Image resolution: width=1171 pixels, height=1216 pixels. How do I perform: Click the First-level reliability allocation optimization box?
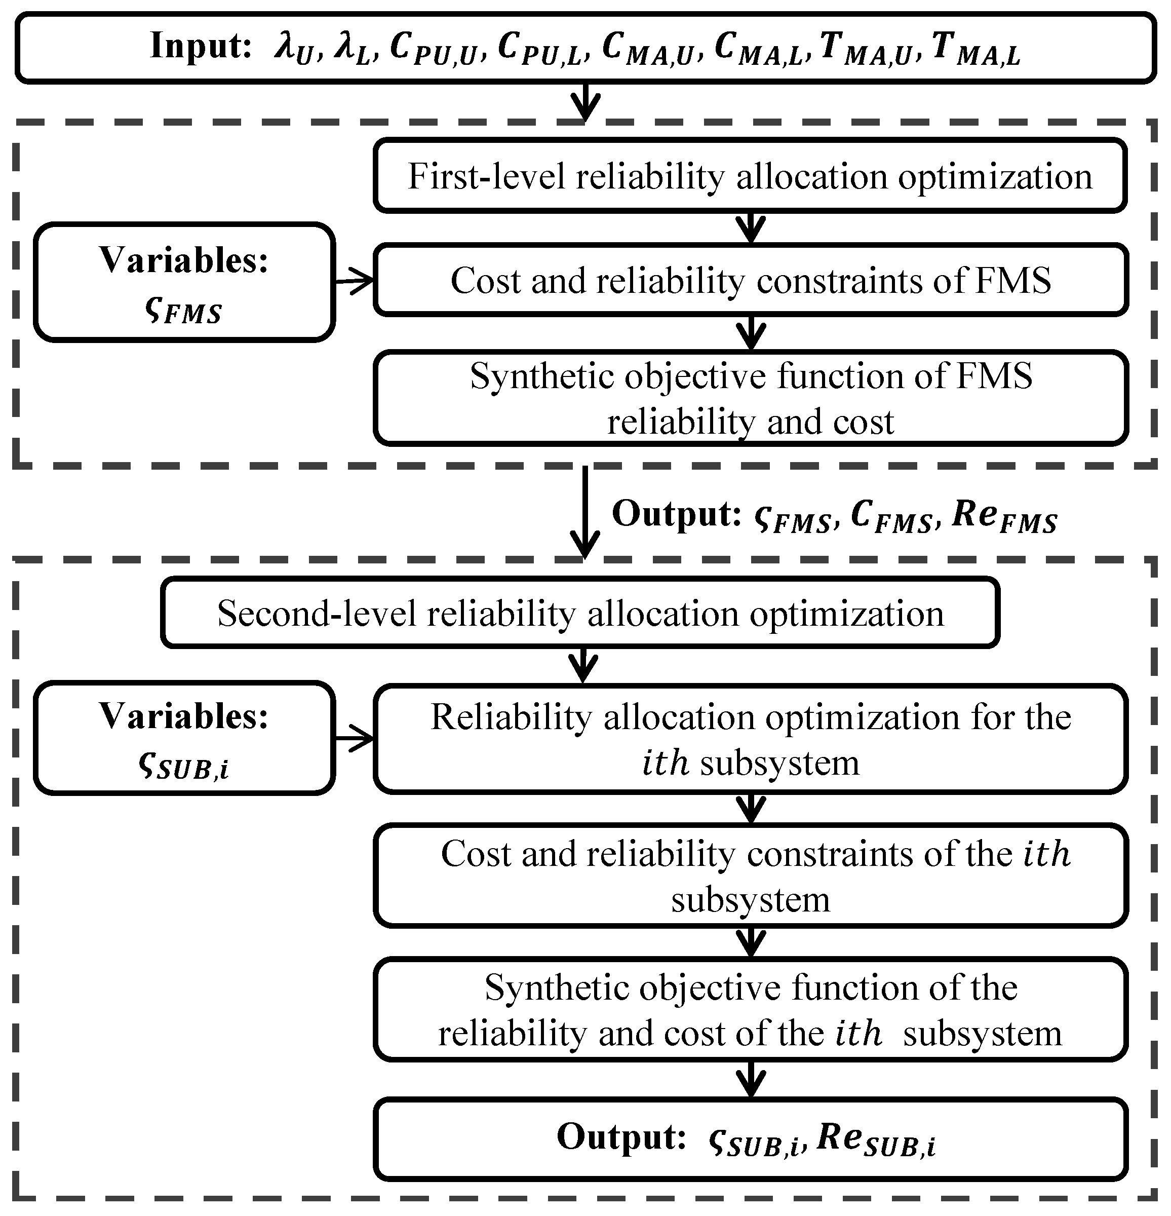coord(750,176)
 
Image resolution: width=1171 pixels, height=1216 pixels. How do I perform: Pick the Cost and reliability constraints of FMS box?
coord(750,280)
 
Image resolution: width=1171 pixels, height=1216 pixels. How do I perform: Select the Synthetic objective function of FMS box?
coord(750,398)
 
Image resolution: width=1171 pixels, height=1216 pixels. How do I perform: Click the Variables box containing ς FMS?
coord(184,282)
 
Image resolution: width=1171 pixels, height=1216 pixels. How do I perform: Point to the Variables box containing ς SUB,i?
coord(184,738)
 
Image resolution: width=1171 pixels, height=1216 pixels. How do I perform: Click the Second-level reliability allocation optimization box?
coord(580,613)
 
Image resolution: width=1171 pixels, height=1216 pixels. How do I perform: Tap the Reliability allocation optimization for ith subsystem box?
coord(750,738)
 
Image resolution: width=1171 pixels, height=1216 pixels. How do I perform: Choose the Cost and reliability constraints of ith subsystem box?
coord(750,876)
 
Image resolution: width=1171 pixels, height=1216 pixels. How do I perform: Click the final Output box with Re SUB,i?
coord(750,1139)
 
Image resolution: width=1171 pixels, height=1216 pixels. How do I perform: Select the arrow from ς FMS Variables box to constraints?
coord(354,282)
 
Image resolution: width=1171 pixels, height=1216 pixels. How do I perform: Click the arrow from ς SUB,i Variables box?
coord(354,738)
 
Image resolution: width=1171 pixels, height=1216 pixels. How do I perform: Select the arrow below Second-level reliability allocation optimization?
coord(582,666)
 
